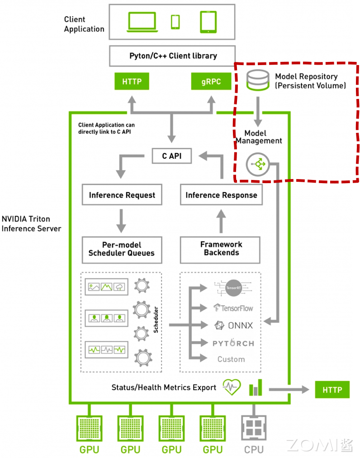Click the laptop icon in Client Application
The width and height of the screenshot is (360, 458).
coord(142,21)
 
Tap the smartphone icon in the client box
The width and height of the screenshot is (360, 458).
coord(175,21)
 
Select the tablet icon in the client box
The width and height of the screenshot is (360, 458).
coord(208,22)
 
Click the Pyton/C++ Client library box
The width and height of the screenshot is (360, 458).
coord(172,56)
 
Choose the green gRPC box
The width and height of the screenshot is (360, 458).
coord(211,82)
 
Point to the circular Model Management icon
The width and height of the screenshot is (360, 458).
coord(258,165)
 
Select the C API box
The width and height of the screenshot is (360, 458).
coord(171,156)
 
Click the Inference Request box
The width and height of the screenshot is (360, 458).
coord(122,195)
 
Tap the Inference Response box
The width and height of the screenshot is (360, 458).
coord(221,195)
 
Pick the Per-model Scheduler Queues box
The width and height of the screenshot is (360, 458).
coord(122,249)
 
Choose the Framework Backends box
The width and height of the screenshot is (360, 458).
coord(221,249)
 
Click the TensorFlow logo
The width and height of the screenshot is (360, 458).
coord(233,308)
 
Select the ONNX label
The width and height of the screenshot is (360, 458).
coord(234,326)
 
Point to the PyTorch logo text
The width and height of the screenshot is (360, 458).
coord(233,343)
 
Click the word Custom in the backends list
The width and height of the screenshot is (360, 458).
coord(231,359)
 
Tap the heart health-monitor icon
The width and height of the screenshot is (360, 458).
coord(232,387)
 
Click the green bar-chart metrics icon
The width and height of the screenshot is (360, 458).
coord(256,388)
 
